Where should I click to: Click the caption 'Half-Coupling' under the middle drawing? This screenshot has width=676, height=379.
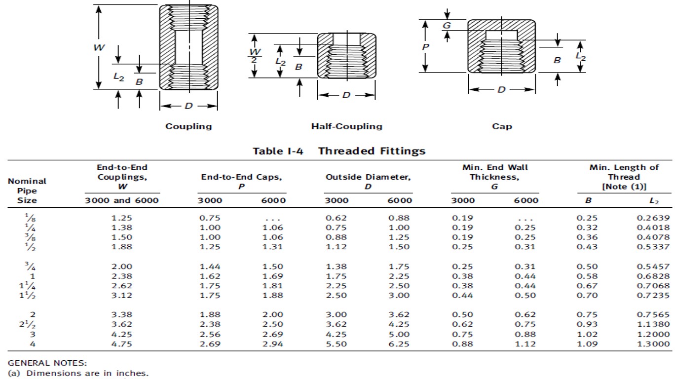[346, 126]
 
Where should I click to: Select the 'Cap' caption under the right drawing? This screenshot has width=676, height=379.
[502, 126]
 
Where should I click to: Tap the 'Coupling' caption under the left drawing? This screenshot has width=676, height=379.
[188, 126]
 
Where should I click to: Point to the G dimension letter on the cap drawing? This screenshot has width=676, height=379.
[447, 26]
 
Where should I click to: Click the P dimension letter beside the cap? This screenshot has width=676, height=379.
[425, 47]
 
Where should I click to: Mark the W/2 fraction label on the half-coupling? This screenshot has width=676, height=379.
[255, 55]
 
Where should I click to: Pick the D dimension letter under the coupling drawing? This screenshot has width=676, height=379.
[188, 106]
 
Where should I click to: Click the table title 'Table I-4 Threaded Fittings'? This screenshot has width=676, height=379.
[338, 151]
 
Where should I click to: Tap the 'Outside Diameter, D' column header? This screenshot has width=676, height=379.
[368, 182]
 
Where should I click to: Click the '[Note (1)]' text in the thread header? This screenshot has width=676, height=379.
[624, 187]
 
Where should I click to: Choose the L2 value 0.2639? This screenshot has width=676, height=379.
[653, 218]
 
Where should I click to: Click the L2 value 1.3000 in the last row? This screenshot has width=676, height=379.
[653, 344]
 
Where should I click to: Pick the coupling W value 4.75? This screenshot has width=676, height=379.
[122, 344]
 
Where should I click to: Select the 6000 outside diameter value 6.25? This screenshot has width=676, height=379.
[399, 344]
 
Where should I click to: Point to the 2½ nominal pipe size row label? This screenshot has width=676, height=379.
[28, 324]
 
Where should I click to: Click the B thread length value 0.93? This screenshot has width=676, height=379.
[587, 324]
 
